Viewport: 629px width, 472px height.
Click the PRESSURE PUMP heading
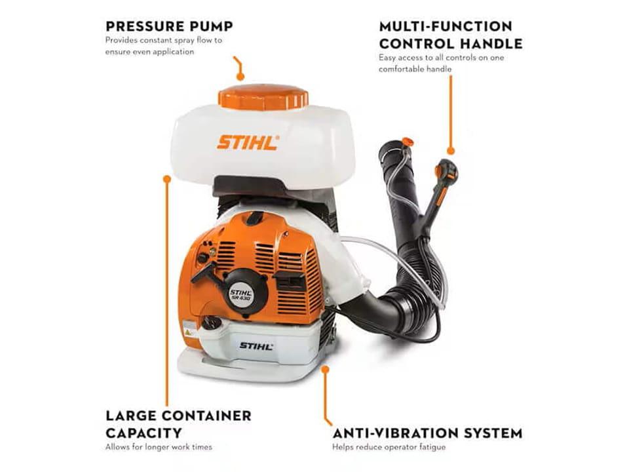(169, 26)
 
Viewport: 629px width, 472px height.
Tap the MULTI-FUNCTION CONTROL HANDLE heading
(451, 35)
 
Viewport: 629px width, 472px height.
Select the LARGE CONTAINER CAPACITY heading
(178, 424)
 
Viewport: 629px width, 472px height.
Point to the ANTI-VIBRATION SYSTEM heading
(428, 433)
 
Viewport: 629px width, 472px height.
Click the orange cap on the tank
(263, 97)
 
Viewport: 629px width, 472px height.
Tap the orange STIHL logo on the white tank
(248, 142)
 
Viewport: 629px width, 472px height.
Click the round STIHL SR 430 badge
(241, 296)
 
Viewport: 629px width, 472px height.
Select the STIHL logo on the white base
(256, 346)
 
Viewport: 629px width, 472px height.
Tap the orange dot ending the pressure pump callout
(240, 76)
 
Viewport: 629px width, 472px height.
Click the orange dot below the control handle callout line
(451, 151)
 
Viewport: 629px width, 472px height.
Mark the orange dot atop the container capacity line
(167, 178)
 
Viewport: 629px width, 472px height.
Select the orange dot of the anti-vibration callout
(326, 369)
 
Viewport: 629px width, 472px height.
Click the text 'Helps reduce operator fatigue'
(389, 447)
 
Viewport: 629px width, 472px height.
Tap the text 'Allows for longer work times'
(159, 447)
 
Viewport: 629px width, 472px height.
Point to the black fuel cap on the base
(212, 322)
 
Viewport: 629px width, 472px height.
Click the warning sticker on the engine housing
(189, 328)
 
